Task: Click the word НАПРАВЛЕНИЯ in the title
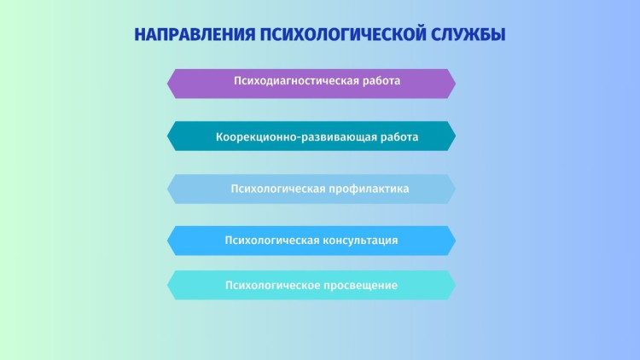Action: coord(195,35)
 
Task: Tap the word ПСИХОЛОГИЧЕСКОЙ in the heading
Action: coord(343,35)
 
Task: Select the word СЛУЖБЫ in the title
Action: coord(468,35)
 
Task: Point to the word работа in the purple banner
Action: coord(381,81)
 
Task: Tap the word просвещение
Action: coord(360,285)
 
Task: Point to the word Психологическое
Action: coord(272,285)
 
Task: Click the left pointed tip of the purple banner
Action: coord(167,84)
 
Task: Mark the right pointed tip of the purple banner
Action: coord(456,84)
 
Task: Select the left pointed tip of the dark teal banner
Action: coord(167,136)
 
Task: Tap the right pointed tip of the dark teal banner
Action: coord(456,136)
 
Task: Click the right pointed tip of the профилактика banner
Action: coord(456,189)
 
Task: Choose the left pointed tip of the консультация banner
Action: coord(167,241)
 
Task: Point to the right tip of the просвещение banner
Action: coord(456,285)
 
